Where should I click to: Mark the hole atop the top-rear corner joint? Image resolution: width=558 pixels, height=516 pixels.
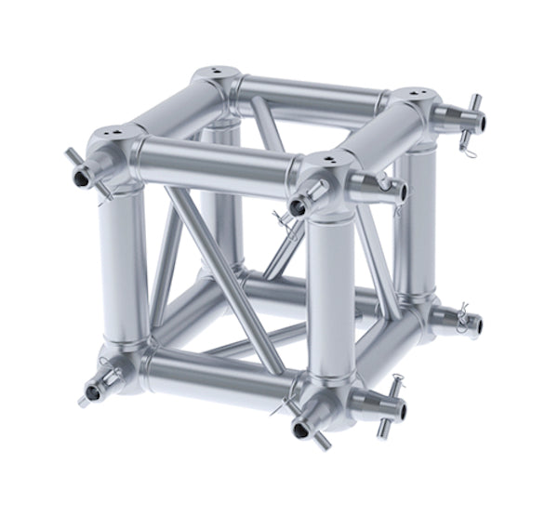pyautogui.click(x=214, y=71)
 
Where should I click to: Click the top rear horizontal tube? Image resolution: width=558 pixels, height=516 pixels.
pyautogui.click(x=312, y=93)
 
